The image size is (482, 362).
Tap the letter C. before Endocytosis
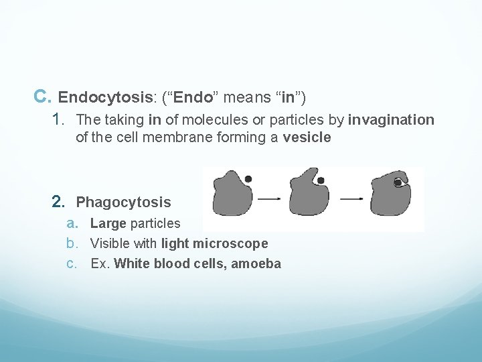tap(42, 97)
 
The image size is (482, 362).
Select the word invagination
tap(391, 120)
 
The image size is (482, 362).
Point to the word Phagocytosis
tap(124, 202)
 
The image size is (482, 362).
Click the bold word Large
tap(108, 223)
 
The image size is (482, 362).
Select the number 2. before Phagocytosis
tap(60, 202)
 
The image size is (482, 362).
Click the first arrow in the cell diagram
tap(268, 198)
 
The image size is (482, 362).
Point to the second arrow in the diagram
tap(352, 198)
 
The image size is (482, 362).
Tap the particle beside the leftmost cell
tap(248, 179)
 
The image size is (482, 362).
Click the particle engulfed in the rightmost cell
tap(398, 182)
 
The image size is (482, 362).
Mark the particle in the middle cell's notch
tap(321, 180)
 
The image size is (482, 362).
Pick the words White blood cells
tap(170, 263)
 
